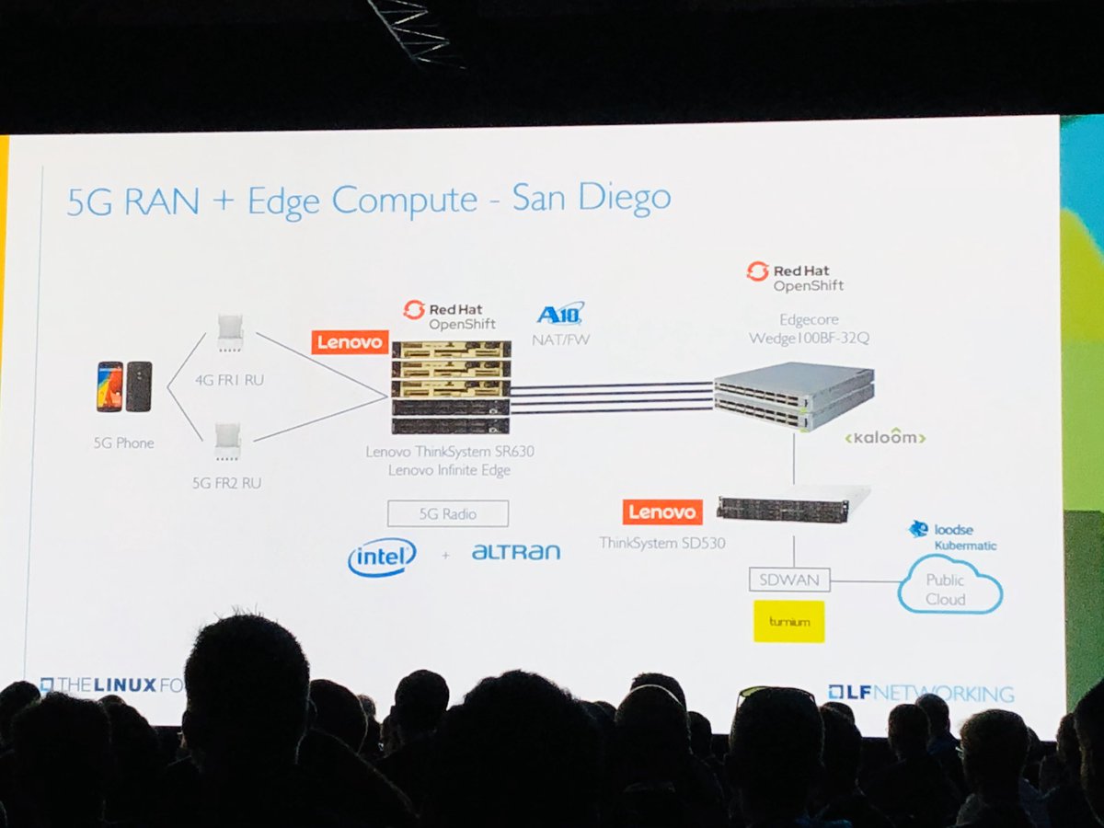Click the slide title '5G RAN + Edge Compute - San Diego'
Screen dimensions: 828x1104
pyautogui.click(x=368, y=201)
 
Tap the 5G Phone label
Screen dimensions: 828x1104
pyautogui.click(x=124, y=443)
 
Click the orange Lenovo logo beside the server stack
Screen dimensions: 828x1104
pyautogui.click(x=349, y=342)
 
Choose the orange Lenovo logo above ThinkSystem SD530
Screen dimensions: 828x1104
pyautogui.click(x=662, y=512)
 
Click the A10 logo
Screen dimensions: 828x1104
pyautogui.click(x=560, y=314)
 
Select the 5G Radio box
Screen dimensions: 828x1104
pyautogui.click(x=448, y=513)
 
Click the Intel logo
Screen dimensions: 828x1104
pyautogui.click(x=382, y=557)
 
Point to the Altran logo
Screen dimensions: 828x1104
pyautogui.click(x=515, y=552)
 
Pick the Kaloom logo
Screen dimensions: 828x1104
pyautogui.click(x=884, y=437)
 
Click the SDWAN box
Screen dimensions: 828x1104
pyautogui.click(x=790, y=580)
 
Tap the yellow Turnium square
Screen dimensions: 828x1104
pyautogui.click(x=789, y=621)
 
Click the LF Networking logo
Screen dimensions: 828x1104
pyautogui.click(x=920, y=693)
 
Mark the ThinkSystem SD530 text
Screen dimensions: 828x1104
pyautogui.click(x=662, y=543)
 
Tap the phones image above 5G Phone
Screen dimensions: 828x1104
pyautogui.click(x=124, y=386)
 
